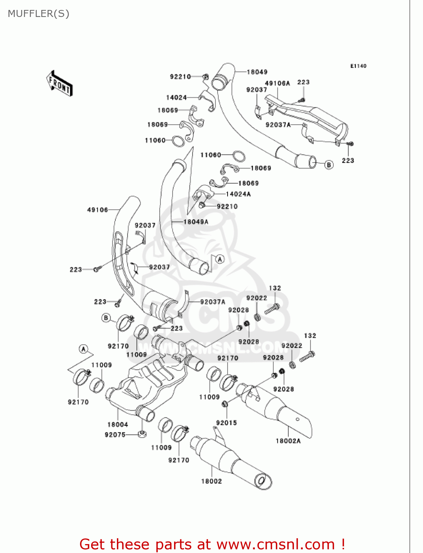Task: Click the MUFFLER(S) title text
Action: [38, 14]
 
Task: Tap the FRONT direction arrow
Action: [59, 84]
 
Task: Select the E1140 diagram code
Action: [358, 66]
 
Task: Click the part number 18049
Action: [257, 72]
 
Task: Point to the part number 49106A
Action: [277, 83]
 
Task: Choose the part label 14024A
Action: [238, 194]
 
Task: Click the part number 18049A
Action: [196, 222]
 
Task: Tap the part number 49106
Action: [97, 210]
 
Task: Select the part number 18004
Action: [118, 424]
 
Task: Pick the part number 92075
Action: [115, 435]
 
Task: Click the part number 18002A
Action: [288, 441]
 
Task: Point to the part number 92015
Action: [226, 423]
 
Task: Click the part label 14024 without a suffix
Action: [176, 97]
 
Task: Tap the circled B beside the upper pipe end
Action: [329, 164]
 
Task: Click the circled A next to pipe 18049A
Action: [220, 259]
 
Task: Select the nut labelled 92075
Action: [142, 434]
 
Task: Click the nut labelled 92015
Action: [225, 404]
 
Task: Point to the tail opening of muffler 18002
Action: [261, 481]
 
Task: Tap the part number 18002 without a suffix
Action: [211, 481]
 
